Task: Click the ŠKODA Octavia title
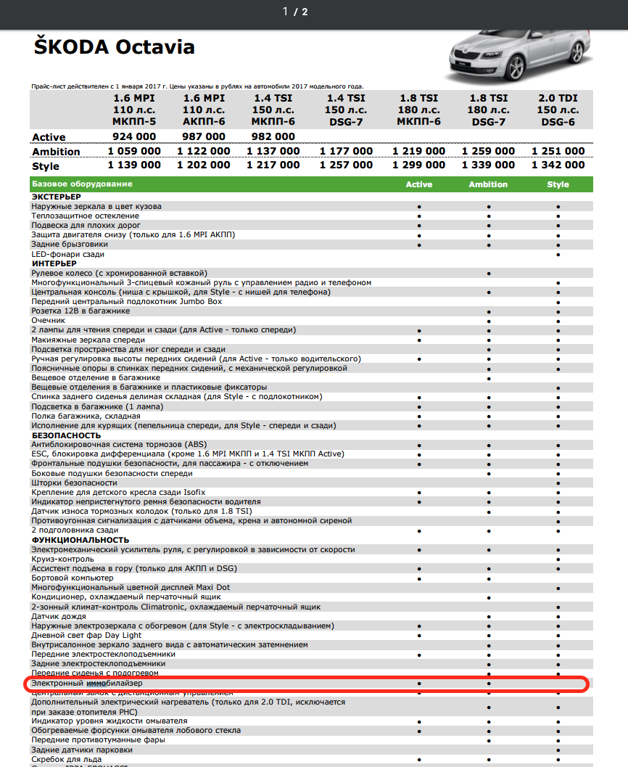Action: tap(114, 47)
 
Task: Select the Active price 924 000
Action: tap(134, 136)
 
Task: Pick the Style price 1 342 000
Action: tap(558, 165)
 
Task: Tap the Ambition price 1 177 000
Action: tap(346, 151)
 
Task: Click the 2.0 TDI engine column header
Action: tap(558, 110)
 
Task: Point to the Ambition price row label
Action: tap(56, 152)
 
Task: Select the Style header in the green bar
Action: tap(558, 184)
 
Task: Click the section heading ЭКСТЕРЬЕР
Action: tap(57, 197)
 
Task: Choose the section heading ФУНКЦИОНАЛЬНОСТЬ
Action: tap(80, 540)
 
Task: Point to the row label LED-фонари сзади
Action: tap(68, 254)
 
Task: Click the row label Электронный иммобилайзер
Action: tap(87, 684)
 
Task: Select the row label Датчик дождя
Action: tap(59, 616)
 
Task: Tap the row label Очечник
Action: tap(48, 320)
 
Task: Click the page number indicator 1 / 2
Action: tap(295, 12)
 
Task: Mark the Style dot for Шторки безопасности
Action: tap(558, 483)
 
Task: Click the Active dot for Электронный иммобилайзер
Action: tap(419, 684)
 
